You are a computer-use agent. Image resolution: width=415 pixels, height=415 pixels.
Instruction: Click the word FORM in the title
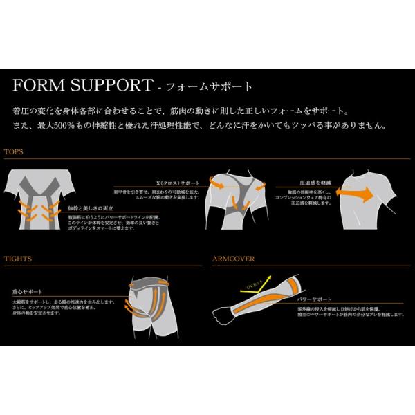click(34, 86)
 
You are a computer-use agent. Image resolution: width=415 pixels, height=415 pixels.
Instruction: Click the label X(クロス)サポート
click(178, 183)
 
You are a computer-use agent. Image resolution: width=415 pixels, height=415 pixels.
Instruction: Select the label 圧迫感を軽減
click(294, 183)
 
